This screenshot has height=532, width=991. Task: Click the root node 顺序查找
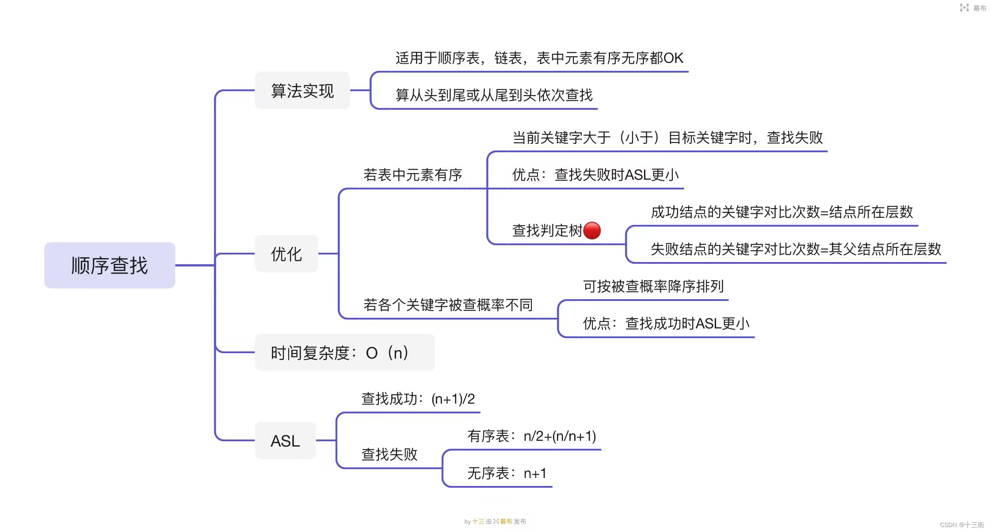coord(110,266)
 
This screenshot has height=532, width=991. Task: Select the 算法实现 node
coord(302,91)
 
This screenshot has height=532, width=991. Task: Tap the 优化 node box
coord(286,254)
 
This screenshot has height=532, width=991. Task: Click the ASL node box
coord(285,441)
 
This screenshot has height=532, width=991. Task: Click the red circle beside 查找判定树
coord(592,231)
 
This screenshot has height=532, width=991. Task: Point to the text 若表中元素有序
coord(412,175)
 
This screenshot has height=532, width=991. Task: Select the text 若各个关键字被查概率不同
coord(448,305)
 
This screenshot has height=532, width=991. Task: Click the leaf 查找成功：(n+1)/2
coord(418,399)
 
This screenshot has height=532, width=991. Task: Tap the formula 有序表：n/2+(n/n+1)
coord(531,436)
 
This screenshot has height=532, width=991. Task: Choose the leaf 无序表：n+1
coord(507,473)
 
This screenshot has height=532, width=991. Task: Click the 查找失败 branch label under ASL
coord(389,454)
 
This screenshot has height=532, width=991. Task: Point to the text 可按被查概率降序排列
coord(653,286)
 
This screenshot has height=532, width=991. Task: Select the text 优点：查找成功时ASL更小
coord(666,324)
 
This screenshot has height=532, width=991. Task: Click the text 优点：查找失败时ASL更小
coord(595,175)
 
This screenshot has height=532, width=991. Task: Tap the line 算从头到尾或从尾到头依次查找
coord(494,95)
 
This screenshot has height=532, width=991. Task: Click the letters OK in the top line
coord(673,58)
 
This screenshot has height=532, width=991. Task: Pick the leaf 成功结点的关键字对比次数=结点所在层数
coord(781,212)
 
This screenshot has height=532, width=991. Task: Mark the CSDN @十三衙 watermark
coord(961,525)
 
